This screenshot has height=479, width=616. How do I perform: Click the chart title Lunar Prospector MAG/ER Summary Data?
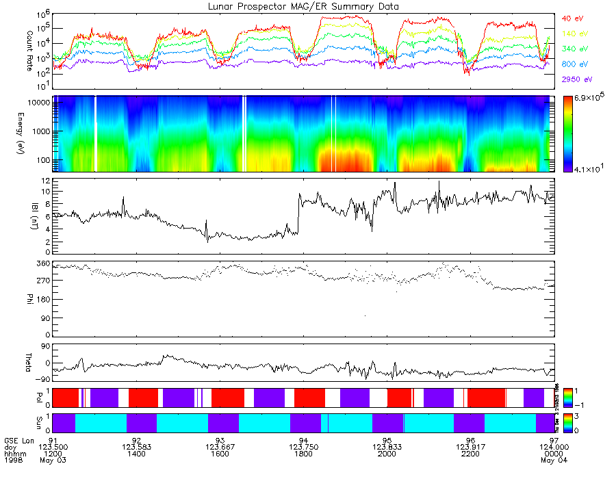pyautogui.click(x=303, y=6)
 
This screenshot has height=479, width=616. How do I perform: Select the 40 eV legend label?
pyautogui.click(x=573, y=18)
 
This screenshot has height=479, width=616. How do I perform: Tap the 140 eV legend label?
pyautogui.click(x=574, y=34)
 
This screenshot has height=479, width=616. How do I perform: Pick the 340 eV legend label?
pyautogui.click(x=574, y=49)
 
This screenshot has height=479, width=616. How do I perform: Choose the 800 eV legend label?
pyautogui.click(x=574, y=64)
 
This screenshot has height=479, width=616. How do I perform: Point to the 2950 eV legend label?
pyautogui.click(x=576, y=79)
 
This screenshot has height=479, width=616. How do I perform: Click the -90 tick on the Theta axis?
pyautogui.click(x=42, y=379)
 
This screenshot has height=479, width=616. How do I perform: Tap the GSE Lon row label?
pyautogui.click(x=19, y=440)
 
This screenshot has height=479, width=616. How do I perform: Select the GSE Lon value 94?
pyautogui.click(x=304, y=440)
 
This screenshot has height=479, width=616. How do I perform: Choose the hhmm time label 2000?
pyautogui.click(x=387, y=454)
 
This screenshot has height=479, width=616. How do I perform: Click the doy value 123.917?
pyautogui.click(x=470, y=447)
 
